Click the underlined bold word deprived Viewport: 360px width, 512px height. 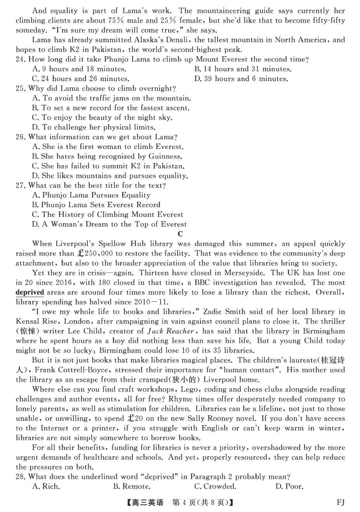[x=30, y=292]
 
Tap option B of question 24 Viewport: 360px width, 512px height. [x=243, y=69]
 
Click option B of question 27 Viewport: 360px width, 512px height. [x=96, y=205]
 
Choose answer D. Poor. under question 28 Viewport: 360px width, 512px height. [x=289, y=486]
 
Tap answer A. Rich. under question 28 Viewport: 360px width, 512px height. [x=46, y=486]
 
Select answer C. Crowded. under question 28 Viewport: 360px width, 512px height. [x=215, y=486]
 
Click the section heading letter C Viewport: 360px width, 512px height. [x=180, y=233]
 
